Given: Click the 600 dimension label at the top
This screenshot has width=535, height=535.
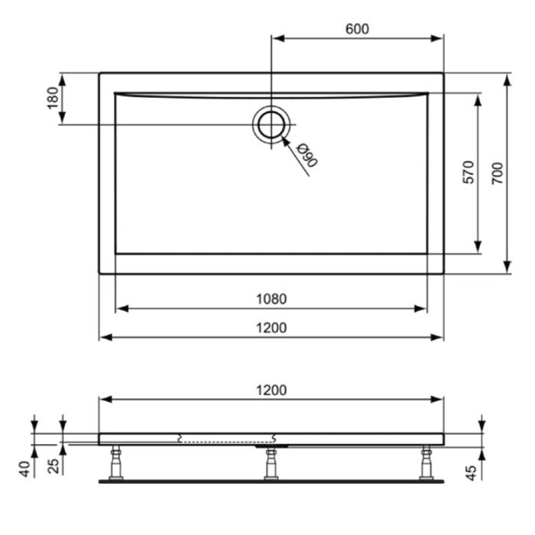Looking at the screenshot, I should (x=357, y=29).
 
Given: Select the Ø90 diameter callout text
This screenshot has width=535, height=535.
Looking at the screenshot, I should (x=307, y=155).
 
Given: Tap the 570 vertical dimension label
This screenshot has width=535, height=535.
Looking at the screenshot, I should (x=469, y=173).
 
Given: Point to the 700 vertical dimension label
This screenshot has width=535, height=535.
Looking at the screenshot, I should (x=496, y=173).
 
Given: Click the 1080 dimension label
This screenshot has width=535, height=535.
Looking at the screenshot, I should (x=271, y=299).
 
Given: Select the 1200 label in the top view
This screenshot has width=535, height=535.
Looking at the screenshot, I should (x=271, y=328).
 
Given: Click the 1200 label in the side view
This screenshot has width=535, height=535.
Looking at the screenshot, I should (x=271, y=390).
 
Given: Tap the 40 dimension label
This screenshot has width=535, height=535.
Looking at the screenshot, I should (x=24, y=469).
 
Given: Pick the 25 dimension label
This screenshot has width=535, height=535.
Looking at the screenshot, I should (x=53, y=465).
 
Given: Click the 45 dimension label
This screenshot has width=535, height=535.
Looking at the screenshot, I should (x=472, y=472).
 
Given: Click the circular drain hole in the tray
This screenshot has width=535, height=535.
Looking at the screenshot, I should (x=271, y=124).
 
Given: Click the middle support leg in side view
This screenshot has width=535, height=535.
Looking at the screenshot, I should (x=271, y=463).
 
